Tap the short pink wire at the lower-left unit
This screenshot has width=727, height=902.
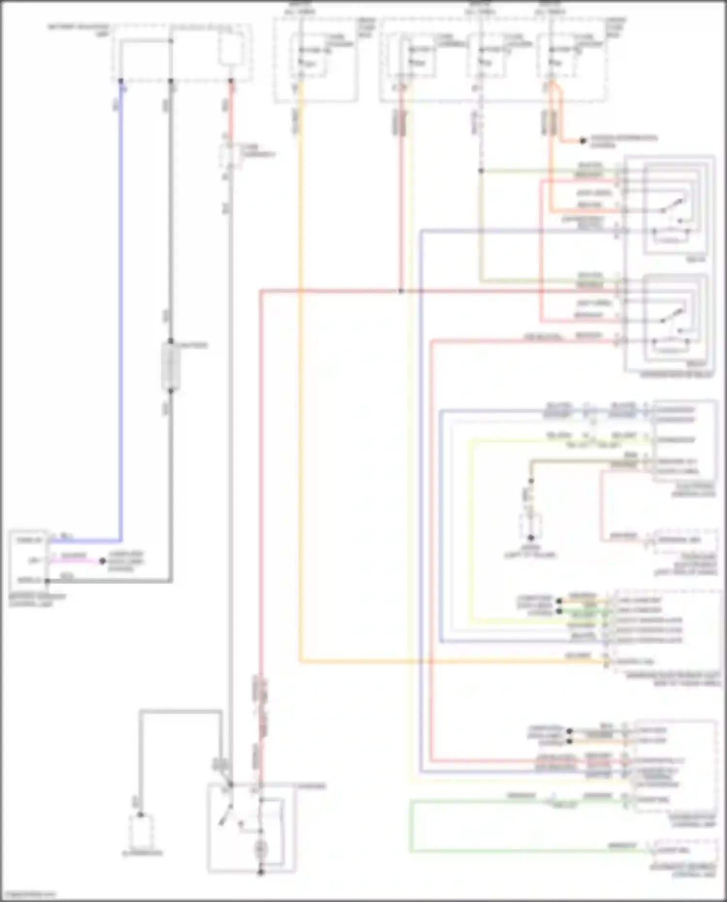pyautogui.click(x=78, y=561)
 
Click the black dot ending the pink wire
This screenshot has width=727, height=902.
pyautogui.click(x=102, y=561)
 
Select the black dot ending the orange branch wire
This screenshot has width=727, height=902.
pyautogui.click(x=583, y=141)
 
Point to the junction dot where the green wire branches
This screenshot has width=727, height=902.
pyautogui.click(x=481, y=171)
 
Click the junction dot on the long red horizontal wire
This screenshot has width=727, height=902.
pyautogui.click(x=401, y=291)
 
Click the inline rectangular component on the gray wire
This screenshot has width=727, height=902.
pyautogui.click(x=171, y=365)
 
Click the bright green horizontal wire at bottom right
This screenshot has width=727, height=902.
pyautogui.click(x=509, y=851)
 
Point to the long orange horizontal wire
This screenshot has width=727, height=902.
pyautogui.click(x=451, y=661)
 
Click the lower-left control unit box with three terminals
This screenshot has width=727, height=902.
pyautogui.click(x=28, y=560)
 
